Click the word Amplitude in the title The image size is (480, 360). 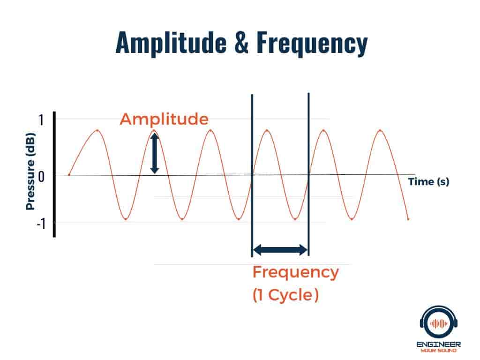click(x=171, y=43)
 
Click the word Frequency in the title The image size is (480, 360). click(x=312, y=43)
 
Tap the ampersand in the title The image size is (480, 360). click(x=241, y=43)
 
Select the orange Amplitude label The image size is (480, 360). click(x=164, y=119)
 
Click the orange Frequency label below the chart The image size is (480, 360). click(x=295, y=272)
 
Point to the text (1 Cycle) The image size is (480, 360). click(x=285, y=295)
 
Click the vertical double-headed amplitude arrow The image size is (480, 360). click(x=155, y=153)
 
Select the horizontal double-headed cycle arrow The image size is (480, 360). click(x=280, y=249)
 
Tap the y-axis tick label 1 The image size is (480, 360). click(x=41, y=120)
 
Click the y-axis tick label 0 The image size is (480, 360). click(x=41, y=177)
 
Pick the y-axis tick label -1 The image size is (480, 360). click(x=41, y=224)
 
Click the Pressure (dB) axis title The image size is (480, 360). click(x=30, y=172)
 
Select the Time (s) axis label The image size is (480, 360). click(x=428, y=181)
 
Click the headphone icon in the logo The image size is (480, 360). click(x=439, y=322)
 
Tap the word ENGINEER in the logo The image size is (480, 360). click(x=439, y=345)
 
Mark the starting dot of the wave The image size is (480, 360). click(x=69, y=175)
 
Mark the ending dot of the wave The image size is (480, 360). click(x=408, y=219)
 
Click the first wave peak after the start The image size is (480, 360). click(x=97, y=130)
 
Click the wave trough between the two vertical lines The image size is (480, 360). click(x=295, y=219)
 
